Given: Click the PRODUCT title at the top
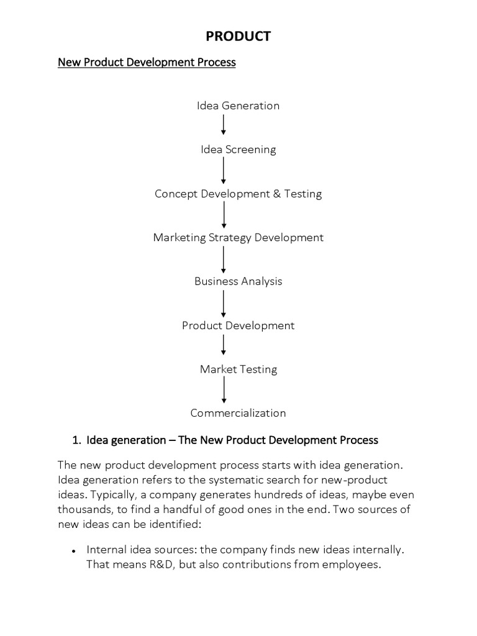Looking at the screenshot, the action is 238,37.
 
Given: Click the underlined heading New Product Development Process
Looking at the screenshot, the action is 147,63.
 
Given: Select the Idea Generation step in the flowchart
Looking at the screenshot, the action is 238,106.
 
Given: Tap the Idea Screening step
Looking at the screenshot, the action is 238,150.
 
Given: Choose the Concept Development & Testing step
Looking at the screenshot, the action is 238,194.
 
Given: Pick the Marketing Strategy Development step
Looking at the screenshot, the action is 238,238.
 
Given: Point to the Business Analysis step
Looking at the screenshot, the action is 238,281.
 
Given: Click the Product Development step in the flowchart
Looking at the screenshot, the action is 238,325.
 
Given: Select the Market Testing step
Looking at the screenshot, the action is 238,370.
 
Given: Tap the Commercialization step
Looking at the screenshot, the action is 238,413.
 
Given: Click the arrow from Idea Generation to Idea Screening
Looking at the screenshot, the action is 224,125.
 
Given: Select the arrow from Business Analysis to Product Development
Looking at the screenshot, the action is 224,304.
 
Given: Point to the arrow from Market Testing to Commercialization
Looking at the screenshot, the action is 224,391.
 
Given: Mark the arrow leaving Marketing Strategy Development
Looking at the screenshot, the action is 224,260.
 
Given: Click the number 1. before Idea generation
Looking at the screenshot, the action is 76,440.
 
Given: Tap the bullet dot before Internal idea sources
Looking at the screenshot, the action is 74,551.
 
